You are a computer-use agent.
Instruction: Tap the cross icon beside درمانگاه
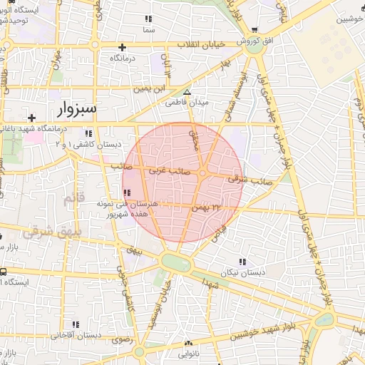coord(123,47)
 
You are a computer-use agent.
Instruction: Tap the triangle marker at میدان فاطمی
coord(187,93)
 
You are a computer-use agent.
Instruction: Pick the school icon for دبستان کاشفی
coord(88,133)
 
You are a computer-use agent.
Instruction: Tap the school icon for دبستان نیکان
coord(242,262)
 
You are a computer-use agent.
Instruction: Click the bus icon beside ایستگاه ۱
coord(4,272)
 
